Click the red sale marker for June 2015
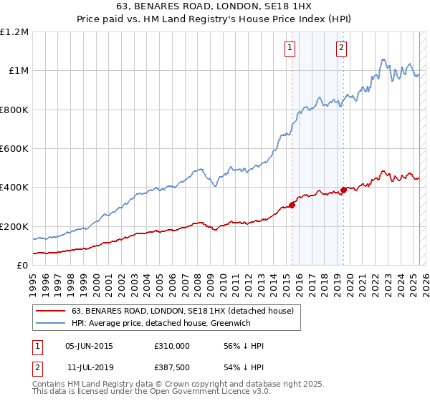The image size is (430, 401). tap(292, 205)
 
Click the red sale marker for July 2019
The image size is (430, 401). tap(343, 190)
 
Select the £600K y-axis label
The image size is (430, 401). tap(14, 149)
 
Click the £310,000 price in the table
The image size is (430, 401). tap(172, 346)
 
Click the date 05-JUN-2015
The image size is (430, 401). tap(89, 346)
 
